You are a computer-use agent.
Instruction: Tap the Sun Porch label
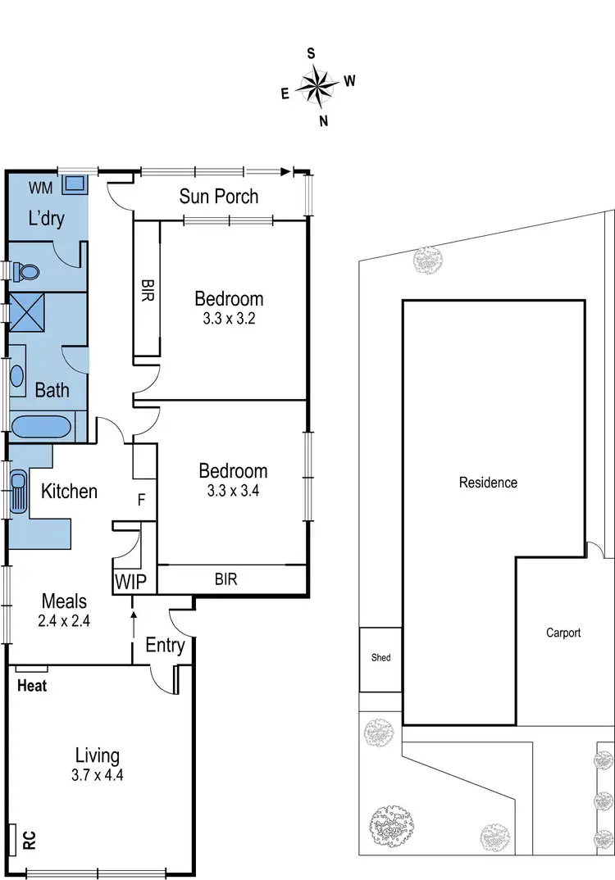point(219,196)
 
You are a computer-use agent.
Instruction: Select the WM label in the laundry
point(41,188)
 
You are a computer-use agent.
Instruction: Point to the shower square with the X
point(28,311)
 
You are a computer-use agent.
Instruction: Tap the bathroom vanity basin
point(18,376)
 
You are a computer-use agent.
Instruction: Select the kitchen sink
point(18,491)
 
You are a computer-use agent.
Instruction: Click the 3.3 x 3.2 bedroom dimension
point(230,319)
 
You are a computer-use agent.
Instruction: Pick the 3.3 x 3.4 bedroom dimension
point(233,491)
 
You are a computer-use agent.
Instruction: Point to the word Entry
point(165,646)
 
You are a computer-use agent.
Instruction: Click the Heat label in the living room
point(32,686)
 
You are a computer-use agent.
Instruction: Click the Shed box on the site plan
point(380,658)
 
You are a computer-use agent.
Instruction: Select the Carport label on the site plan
point(563,633)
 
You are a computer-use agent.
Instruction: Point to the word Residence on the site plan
point(488,483)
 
